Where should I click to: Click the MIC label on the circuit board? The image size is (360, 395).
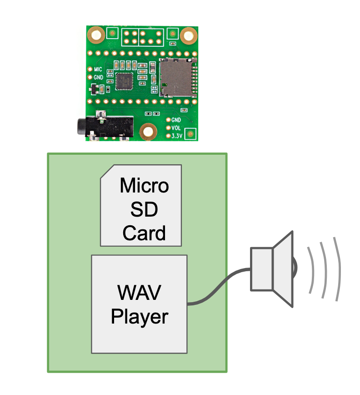(98, 70)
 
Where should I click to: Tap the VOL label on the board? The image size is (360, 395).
(176, 128)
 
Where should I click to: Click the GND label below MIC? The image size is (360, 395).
(98, 77)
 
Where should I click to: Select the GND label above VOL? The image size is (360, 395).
(176, 120)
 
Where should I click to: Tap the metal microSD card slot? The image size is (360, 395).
(177, 78)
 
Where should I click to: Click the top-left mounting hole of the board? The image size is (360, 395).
(96, 34)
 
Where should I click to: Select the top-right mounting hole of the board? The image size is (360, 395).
(188, 35)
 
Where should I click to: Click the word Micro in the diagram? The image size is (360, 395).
(144, 186)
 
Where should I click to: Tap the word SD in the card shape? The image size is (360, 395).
(144, 210)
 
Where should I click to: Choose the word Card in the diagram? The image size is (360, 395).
(144, 233)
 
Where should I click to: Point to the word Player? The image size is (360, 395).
(140, 316)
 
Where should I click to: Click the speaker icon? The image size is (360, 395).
(273, 268)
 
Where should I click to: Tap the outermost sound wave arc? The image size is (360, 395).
(337, 268)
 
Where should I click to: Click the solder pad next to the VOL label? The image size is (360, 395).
(169, 128)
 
